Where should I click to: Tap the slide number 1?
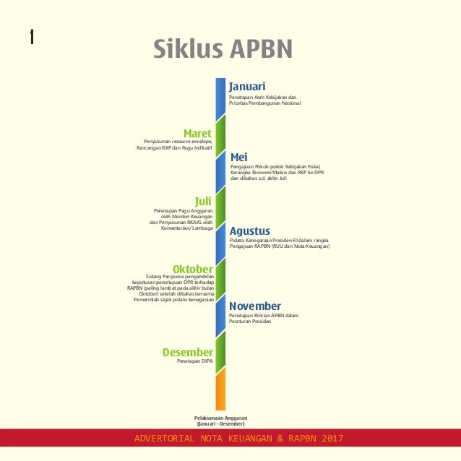pyautogui.click(x=32, y=36)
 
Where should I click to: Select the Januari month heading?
pyautogui.click(x=247, y=87)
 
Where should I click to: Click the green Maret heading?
pyautogui.click(x=197, y=133)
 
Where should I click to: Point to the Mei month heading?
pyautogui.click(x=238, y=157)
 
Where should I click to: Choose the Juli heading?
pyautogui.click(x=204, y=200)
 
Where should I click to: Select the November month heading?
pyautogui.click(x=255, y=306)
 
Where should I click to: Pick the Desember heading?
pyautogui.click(x=188, y=352)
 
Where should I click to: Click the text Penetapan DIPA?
pyautogui.click(x=195, y=361)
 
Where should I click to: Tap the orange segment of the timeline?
pyautogui.click(x=221, y=390)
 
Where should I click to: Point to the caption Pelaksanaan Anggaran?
pyautogui.click(x=221, y=418)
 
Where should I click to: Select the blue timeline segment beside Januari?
pyautogui.click(x=221, y=98)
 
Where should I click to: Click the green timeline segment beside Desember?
pyautogui.click(x=221, y=349)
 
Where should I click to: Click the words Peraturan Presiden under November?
pyautogui.click(x=249, y=321)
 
